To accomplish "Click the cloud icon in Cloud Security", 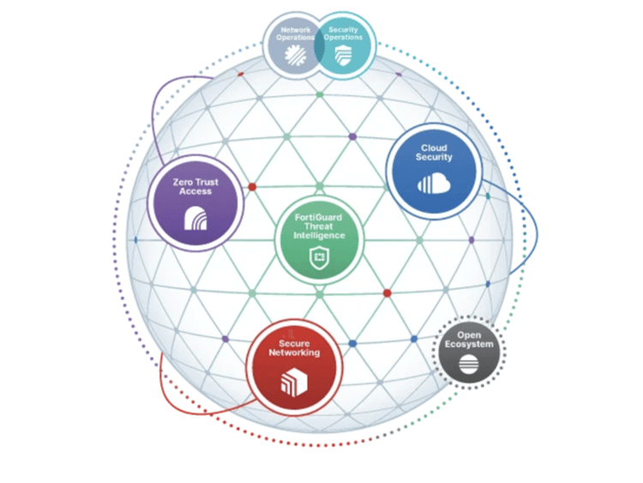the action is click(434, 184).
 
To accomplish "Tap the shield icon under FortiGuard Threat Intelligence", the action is click(319, 257).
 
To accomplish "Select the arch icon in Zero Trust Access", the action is click(195, 218).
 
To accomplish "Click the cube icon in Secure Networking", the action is click(294, 383).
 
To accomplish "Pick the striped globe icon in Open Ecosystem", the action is click(469, 364).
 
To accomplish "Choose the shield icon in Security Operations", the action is click(343, 55).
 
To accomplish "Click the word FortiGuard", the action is click(318, 218).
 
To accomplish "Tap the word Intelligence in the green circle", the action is click(319, 236).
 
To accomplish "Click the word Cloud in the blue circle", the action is click(434, 148).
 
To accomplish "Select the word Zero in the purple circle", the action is click(182, 182).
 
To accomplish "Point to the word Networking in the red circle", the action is click(294, 353).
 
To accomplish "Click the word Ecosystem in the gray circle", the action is click(469, 344).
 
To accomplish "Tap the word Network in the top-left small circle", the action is click(296, 30).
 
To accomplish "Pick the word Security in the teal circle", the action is click(343, 29).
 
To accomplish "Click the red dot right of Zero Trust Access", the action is click(252, 187).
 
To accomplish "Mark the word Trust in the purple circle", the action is click(207, 182).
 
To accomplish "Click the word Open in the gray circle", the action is click(469, 335).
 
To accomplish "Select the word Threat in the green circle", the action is click(318, 226).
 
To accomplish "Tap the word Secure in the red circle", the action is click(294, 343).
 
